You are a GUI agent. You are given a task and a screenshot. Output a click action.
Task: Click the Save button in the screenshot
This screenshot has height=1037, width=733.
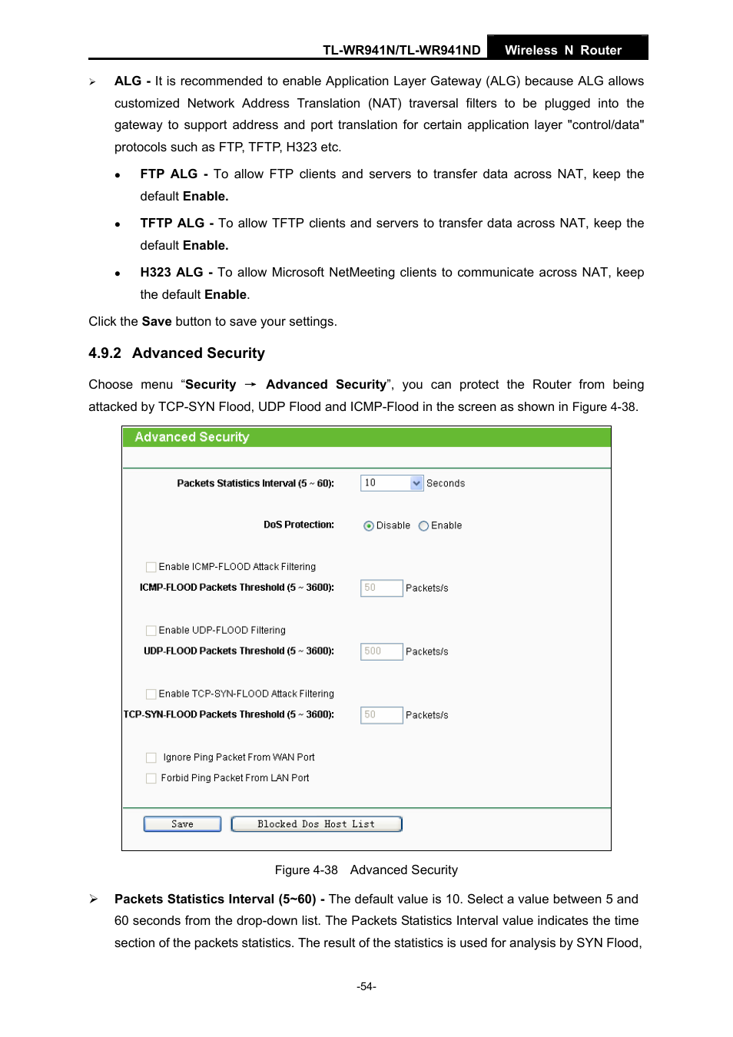[182, 824]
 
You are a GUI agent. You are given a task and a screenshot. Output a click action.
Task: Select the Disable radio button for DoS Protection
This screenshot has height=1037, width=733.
[369, 526]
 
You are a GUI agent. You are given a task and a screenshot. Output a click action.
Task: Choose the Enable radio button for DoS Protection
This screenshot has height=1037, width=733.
[423, 526]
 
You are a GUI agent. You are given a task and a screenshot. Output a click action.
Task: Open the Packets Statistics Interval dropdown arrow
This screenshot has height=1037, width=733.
[416, 483]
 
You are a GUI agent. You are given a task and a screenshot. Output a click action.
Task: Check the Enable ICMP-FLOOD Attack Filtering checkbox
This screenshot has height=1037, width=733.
[151, 567]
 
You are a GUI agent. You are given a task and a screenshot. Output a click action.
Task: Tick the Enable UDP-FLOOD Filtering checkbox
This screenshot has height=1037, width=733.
[151, 631]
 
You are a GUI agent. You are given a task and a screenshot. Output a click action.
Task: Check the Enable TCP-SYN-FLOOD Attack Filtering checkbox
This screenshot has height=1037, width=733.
[151, 694]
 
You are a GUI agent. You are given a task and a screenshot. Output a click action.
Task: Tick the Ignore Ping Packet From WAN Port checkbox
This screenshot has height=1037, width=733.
[151, 757]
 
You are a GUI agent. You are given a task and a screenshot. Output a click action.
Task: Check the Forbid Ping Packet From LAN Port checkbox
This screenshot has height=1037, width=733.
[151, 778]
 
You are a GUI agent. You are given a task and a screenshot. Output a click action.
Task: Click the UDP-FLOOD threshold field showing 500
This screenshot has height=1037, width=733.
[381, 651]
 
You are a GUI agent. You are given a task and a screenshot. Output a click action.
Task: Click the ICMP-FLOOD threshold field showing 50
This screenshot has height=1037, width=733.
[381, 588]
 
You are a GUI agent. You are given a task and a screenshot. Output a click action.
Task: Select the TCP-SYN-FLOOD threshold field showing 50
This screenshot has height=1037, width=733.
[381, 715]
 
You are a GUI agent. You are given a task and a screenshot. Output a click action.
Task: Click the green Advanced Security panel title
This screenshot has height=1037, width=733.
[192, 437]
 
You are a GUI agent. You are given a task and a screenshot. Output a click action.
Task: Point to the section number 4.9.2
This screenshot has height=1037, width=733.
[104, 353]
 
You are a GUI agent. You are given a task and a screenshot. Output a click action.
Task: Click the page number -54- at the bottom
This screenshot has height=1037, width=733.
[366, 986]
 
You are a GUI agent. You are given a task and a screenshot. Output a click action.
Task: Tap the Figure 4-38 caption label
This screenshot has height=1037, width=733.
[306, 870]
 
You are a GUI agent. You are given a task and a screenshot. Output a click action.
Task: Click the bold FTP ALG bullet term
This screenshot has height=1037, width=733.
[168, 174]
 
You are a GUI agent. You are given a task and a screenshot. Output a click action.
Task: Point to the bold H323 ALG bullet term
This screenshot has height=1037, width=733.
[171, 273]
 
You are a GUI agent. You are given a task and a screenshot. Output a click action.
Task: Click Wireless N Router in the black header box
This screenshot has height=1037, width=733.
[562, 50]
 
